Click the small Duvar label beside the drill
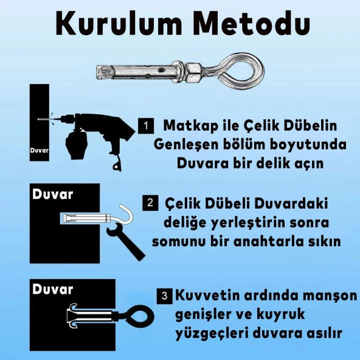(x=40, y=148)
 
